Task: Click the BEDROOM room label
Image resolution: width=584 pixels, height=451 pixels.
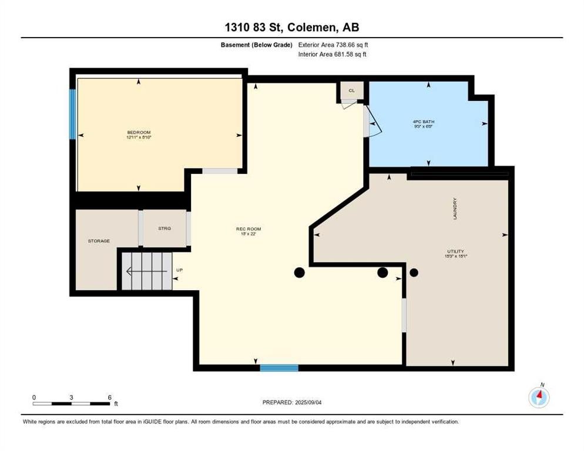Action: coord(139,132)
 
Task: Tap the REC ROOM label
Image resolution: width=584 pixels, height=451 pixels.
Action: coord(249,229)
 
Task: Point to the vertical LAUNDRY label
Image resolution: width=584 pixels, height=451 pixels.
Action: coord(455,208)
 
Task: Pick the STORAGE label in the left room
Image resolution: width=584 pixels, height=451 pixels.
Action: coord(99,241)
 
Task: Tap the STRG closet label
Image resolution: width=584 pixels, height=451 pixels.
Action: coord(165,228)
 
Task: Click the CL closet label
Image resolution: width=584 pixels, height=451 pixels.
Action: coord(352,90)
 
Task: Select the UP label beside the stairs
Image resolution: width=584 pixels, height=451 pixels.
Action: coord(179,271)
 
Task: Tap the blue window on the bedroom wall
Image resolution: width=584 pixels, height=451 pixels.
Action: coord(73,114)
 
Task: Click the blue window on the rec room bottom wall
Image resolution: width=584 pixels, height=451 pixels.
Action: coord(279,368)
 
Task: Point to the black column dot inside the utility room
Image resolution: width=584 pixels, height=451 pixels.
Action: coord(414,272)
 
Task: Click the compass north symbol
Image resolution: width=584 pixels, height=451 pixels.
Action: coord(539,398)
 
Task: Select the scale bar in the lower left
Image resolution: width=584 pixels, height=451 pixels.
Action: coord(72,403)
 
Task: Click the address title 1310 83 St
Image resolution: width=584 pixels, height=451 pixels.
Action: coord(291,28)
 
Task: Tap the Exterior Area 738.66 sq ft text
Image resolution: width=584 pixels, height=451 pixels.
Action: coord(333,45)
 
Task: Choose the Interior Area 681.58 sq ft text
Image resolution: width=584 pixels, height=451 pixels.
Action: coord(333,55)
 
